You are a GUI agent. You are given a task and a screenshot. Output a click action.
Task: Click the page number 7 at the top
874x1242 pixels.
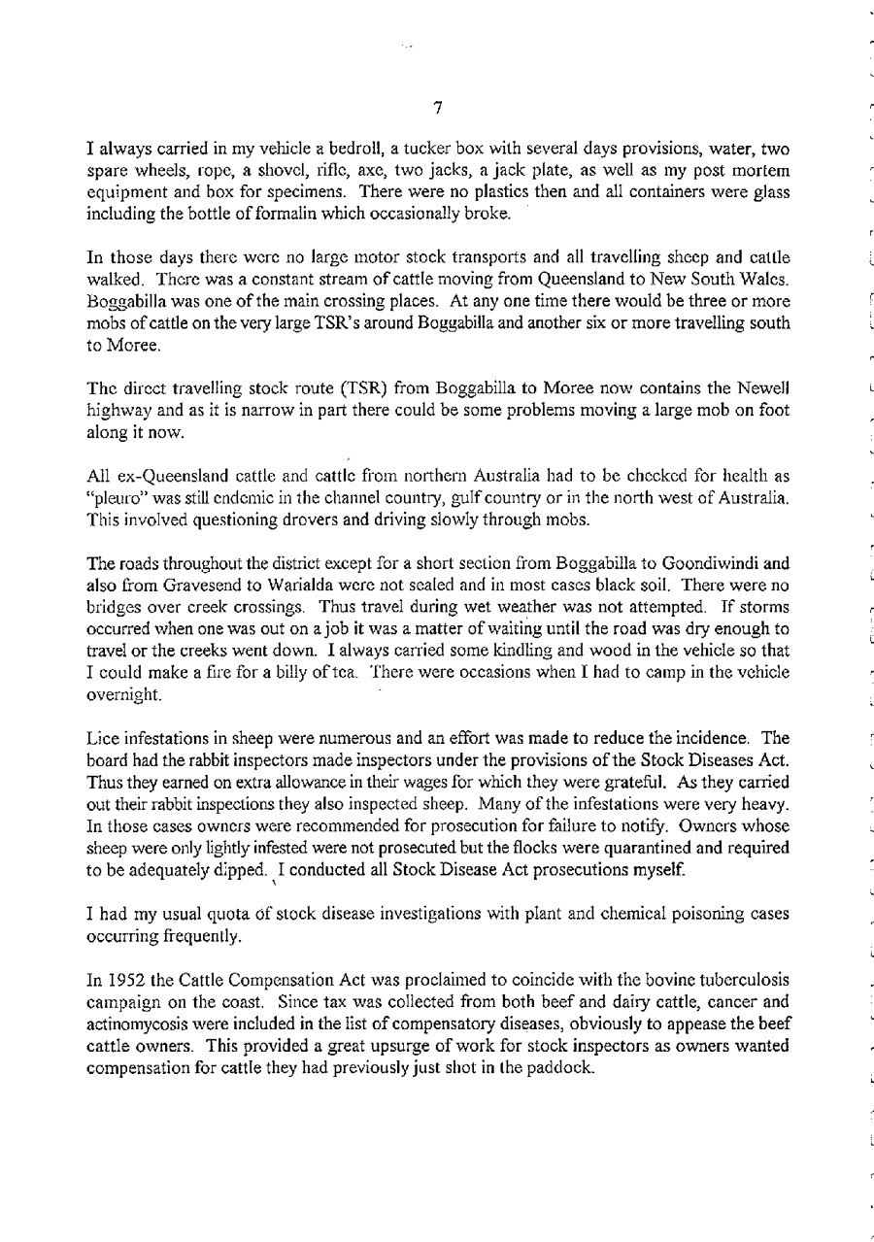(x=438, y=108)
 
